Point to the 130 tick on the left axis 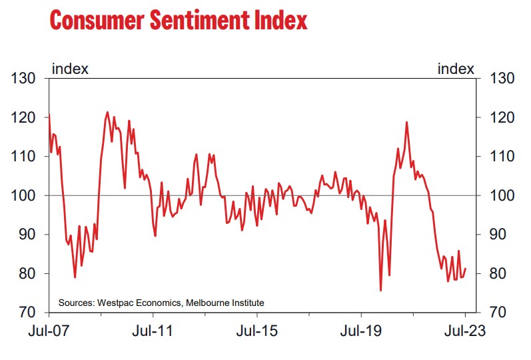click(25, 79)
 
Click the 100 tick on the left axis click(25, 195)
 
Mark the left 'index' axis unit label click(71, 69)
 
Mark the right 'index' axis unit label click(456, 69)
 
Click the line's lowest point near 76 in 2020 click(380, 290)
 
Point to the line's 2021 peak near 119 click(406, 123)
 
